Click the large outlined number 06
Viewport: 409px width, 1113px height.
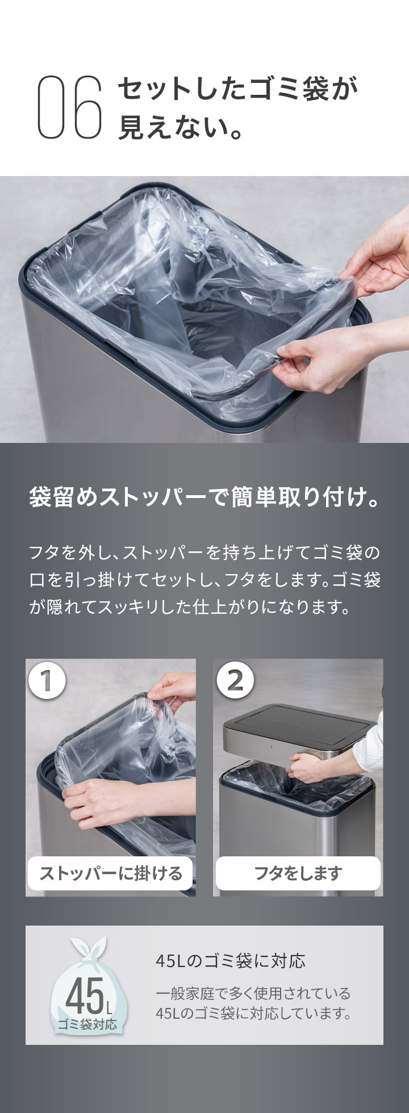[70, 107]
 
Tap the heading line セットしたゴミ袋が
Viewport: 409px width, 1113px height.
[239, 89]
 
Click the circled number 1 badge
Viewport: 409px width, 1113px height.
[47, 680]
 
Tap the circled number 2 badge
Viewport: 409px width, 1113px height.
[235, 680]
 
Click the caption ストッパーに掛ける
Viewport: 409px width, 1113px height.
[111, 873]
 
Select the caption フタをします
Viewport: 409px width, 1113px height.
[298, 873]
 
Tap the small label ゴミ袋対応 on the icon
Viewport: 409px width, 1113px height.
[87, 1024]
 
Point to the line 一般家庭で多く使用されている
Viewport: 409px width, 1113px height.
[253, 993]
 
